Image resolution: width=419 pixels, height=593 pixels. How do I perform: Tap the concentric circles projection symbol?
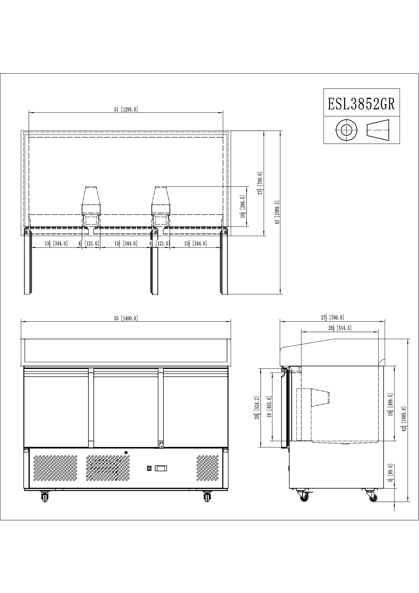(x=347, y=130)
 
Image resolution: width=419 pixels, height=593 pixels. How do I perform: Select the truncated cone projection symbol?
(x=378, y=130)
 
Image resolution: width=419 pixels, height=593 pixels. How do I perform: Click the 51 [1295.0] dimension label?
(x=126, y=109)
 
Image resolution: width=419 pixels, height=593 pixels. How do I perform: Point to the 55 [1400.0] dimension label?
(x=126, y=318)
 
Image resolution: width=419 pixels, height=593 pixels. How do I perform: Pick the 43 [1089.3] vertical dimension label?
(x=278, y=212)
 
